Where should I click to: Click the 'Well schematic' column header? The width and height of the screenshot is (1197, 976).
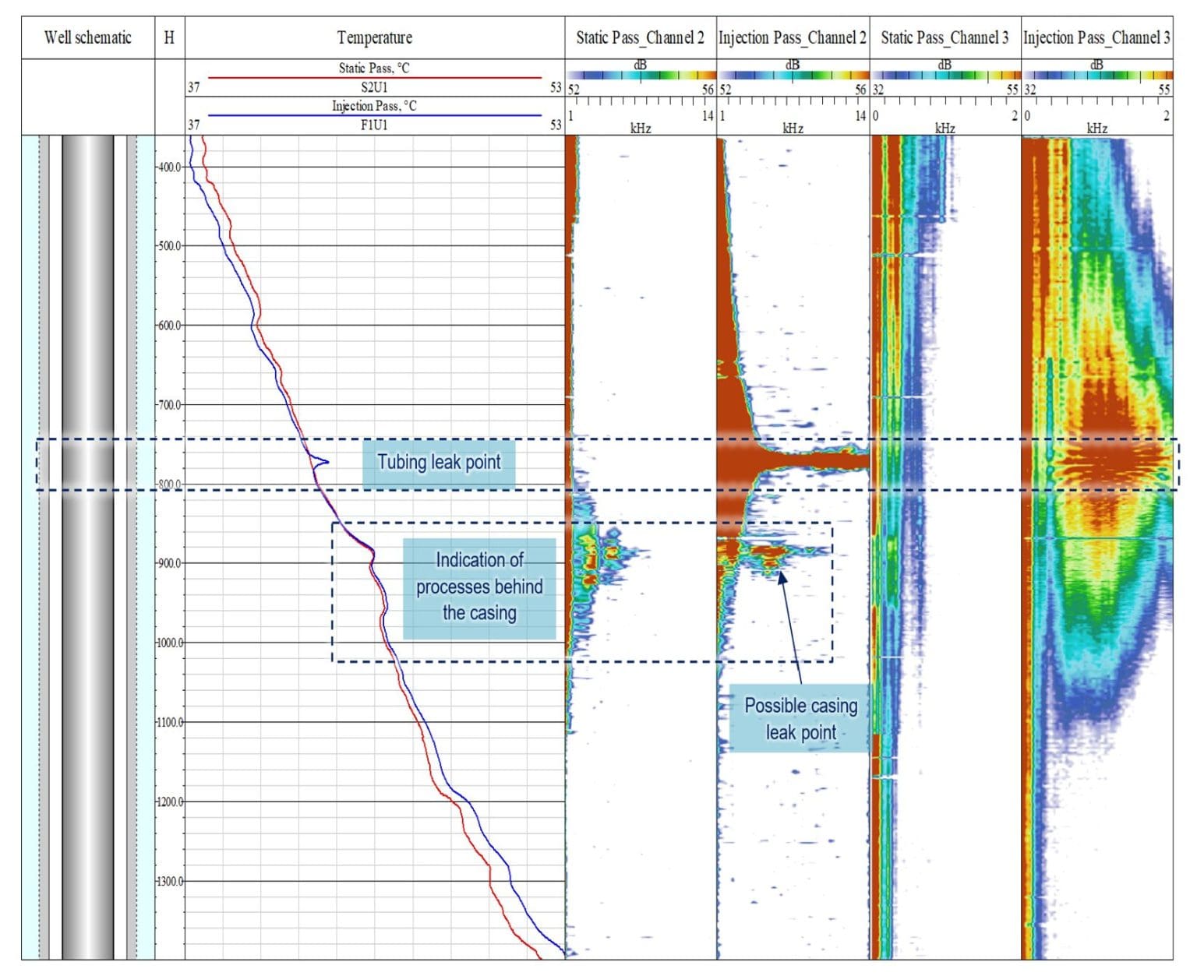click(87, 37)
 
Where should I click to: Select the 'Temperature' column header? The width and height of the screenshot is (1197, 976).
click(374, 37)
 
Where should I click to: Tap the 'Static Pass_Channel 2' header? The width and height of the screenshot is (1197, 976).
click(640, 37)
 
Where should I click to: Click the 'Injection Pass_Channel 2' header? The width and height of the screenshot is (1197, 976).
click(792, 37)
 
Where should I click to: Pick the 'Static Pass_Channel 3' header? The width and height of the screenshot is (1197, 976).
click(945, 37)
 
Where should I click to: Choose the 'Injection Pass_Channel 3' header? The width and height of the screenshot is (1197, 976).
click(1096, 37)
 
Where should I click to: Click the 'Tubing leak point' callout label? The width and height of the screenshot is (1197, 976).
click(439, 463)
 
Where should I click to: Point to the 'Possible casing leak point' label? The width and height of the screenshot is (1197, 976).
click(800, 719)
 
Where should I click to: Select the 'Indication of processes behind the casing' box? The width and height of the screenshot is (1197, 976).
click(479, 587)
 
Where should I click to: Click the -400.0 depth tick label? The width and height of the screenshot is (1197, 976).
click(169, 167)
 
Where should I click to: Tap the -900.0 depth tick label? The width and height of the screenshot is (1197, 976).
click(169, 563)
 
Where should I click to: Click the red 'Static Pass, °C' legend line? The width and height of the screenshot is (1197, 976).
click(374, 78)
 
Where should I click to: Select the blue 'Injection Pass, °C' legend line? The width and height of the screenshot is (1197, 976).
click(374, 115)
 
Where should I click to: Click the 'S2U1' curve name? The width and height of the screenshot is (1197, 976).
click(374, 87)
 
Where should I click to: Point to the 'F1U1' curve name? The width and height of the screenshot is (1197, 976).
click(374, 125)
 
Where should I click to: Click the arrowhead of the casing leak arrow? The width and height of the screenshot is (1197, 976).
click(781, 576)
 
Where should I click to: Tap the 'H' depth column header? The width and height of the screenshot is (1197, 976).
click(169, 37)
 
